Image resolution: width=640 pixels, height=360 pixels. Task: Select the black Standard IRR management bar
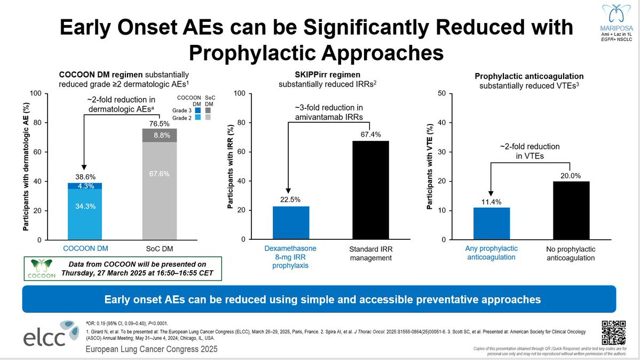coord(370,190)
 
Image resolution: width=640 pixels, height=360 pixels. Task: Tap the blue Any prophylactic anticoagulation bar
coord(492,223)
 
